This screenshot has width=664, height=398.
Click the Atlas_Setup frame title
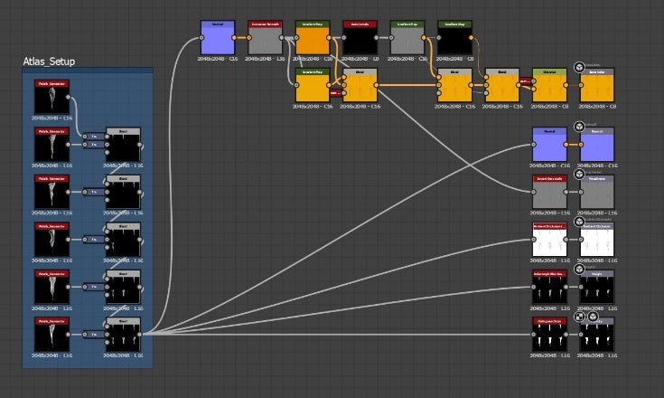point(49,62)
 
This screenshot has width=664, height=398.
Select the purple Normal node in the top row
point(217,39)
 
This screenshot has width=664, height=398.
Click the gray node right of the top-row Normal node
point(266,39)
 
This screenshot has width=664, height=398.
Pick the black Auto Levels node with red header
point(360,39)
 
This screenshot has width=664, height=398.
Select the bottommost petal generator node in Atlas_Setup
point(53,336)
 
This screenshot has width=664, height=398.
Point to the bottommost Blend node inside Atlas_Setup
point(123,336)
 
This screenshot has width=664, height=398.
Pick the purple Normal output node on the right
point(596,145)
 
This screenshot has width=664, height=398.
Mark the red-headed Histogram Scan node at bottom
point(549,336)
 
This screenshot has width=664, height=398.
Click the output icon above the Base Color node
point(579,67)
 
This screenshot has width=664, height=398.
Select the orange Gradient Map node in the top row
point(313,39)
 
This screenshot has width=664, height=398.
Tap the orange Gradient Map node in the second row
point(313,86)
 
